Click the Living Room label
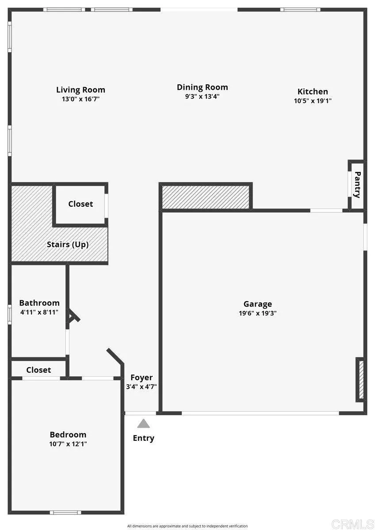pos(80,90)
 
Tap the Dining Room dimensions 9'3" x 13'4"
pos(202,96)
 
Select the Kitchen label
pos(313,91)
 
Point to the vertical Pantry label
pos(358,185)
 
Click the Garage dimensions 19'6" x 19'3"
pos(257,313)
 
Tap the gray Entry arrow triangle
pos(143,424)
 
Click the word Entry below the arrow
pos(143,438)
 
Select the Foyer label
pos(142,378)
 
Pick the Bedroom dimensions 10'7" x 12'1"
pos(68,444)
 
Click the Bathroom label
pos(39,303)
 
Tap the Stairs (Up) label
pos(68,244)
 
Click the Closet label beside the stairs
pos(80,204)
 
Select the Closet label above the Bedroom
pos(38,370)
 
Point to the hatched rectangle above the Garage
pos(206,197)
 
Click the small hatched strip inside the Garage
pos(361,380)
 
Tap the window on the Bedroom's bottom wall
pos(65,512)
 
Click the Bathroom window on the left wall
pos(10,315)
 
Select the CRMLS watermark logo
pos(352,524)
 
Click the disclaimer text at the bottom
pos(187,526)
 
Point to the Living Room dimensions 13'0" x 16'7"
pos(80,99)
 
